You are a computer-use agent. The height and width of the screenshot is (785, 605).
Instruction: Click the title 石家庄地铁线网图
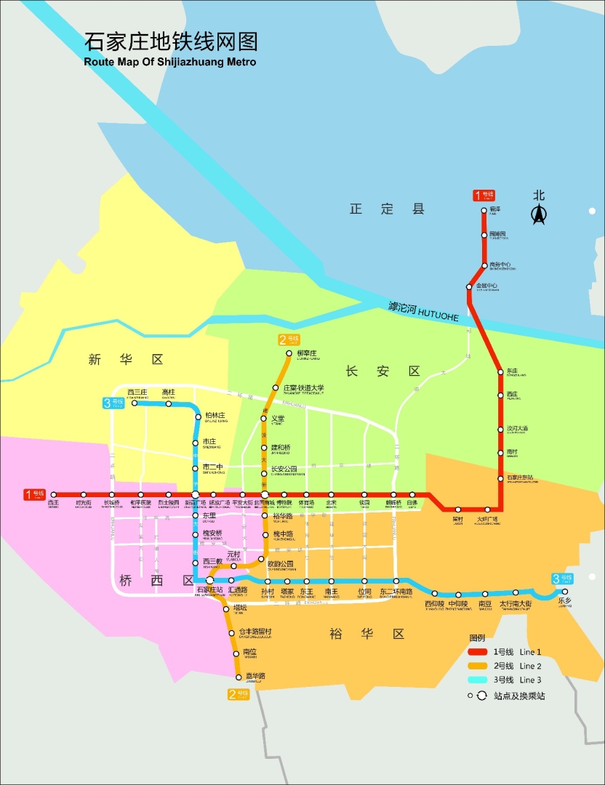(171, 41)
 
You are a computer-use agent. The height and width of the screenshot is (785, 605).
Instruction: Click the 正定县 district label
(387, 209)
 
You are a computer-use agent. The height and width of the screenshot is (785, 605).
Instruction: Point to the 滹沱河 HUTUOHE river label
(423, 312)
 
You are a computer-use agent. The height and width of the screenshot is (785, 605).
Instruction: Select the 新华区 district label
(126, 359)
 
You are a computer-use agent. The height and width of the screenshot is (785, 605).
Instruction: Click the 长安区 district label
(382, 371)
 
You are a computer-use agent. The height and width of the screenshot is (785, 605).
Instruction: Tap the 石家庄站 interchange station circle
(209, 580)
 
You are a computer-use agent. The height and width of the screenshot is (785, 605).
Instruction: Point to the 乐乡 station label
(565, 601)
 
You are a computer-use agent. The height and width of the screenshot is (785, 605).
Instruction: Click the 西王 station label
(53, 502)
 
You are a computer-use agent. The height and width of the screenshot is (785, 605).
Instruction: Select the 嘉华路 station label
(255, 676)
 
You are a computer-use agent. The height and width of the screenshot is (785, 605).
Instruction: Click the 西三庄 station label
(137, 392)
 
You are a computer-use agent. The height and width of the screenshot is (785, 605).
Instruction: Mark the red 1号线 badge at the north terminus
(484, 195)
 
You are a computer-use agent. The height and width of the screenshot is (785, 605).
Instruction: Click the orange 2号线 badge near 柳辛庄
(289, 339)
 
